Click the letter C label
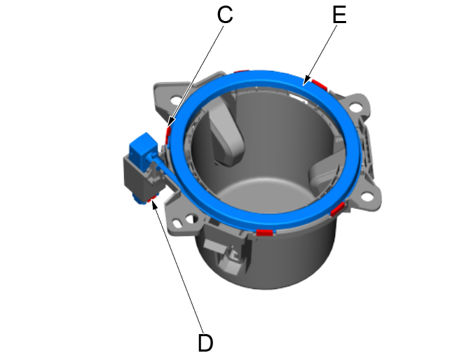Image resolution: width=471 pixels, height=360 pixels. click(x=224, y=15)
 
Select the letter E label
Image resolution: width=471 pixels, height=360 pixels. click(x=339, y=15)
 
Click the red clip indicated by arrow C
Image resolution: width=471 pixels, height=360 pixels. click(x=168, y=133)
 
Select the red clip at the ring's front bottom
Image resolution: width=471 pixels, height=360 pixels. click(x=264, y=232)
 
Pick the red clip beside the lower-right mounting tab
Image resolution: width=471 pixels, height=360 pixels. click(x=339, y=209)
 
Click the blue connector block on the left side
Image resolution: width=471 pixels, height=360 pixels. click(x=142, y=146)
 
